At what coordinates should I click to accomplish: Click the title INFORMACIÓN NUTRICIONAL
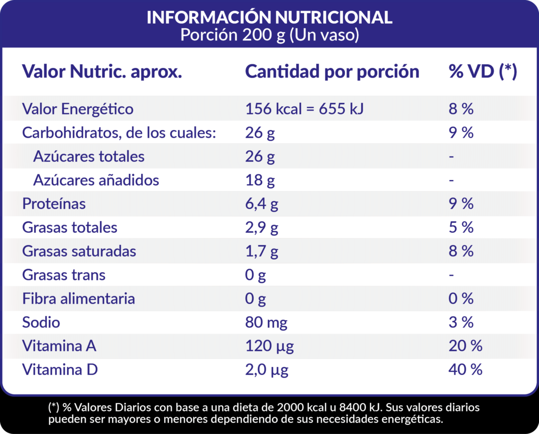click(269, 17)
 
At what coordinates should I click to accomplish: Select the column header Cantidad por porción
click(332, 72)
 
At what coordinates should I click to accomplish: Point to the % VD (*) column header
click(483, 72)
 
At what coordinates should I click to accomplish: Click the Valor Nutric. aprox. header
click(102, 72)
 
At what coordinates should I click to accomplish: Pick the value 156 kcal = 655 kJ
click(305, 109)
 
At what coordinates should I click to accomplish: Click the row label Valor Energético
click(77, 109)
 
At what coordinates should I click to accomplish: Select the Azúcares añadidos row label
click(96, 180)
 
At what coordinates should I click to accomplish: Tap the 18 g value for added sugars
click(260, 181)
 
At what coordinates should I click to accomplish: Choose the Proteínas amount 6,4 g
click(262, 204)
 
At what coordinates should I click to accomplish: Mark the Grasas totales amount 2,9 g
click(262, 228)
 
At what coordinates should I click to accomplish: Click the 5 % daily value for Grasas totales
click(461, 228)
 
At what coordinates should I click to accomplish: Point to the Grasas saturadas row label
click(79, 251)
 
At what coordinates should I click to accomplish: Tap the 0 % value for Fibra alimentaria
click(461, 299)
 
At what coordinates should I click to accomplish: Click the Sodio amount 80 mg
click(266, 322)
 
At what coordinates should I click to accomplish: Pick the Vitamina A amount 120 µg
click(269, 347)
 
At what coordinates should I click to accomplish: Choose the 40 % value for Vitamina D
click(465, 370)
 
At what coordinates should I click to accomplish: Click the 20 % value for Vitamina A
click(465, 346)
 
